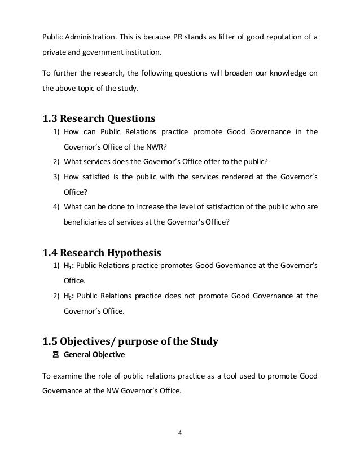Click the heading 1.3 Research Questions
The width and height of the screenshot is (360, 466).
pos(99,119)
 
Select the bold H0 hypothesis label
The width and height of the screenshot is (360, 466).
pos(67,296)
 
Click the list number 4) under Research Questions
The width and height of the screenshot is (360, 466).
pos(56,206)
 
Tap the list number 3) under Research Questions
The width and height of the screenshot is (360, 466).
pos(56,177)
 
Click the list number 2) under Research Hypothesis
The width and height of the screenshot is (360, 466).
pos(56,296)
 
